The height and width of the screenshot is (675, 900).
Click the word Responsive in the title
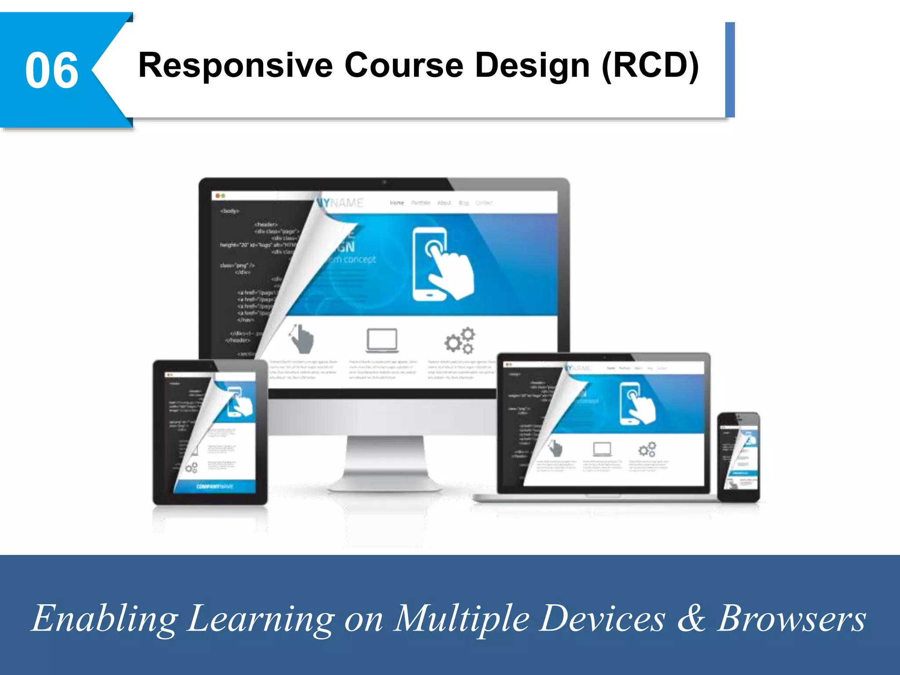(236, 66)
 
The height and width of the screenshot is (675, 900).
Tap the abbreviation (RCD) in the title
(650, 66)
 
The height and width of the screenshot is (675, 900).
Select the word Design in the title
(532, 66)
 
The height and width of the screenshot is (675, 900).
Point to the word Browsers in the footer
(791, 618)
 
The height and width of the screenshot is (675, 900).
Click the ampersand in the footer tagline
(691, 617)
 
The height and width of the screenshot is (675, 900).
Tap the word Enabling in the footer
(105, 618)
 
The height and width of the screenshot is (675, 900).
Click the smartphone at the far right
(739, 457)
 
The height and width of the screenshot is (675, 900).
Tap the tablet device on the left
(210, 433)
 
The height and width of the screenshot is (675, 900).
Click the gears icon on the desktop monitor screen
(460, 340)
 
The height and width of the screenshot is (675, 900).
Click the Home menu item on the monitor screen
(397, 203)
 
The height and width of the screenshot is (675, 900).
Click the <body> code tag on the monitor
(230, 211)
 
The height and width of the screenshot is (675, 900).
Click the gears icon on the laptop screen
(647, 449)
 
